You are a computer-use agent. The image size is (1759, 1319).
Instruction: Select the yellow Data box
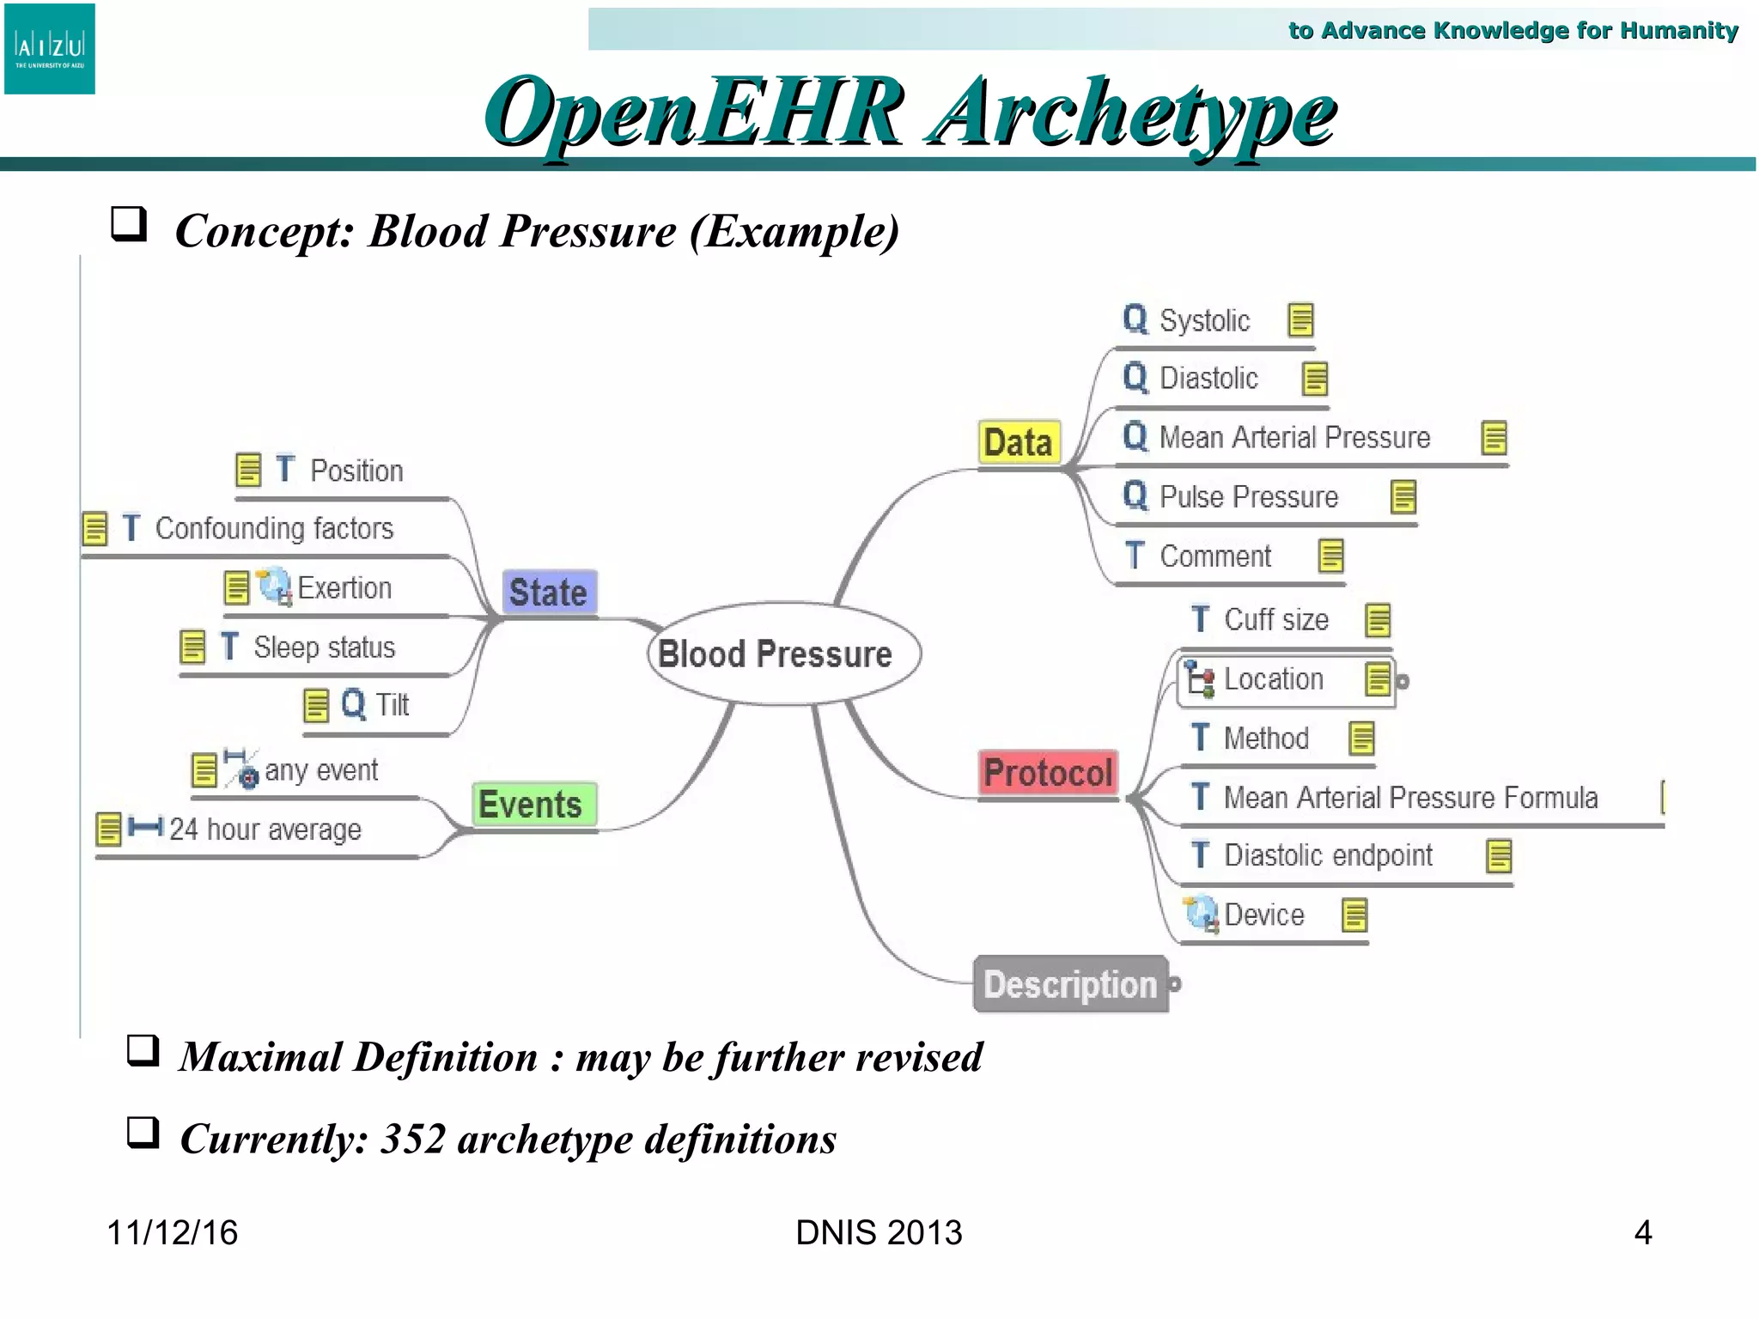coord(1019,443)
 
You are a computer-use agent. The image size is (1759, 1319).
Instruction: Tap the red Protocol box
coord(1048,773)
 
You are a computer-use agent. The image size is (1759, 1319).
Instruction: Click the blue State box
coord(549,593)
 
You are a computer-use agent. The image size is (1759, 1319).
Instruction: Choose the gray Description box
coord(1070,984)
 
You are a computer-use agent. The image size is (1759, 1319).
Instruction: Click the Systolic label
coord(1204,320)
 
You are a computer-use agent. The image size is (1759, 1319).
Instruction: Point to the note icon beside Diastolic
coord(1314,379)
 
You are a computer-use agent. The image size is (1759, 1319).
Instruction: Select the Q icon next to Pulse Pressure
coord(1135,496)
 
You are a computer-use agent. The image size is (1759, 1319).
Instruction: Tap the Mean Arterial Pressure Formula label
coord(1409,798)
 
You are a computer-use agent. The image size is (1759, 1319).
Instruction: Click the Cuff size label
coord(1275,620)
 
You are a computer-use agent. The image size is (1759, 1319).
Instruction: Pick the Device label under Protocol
coord(1263,915)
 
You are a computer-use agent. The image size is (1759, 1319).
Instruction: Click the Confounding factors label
coord(274,528)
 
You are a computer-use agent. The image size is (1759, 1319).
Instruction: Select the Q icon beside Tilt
coord(353,704)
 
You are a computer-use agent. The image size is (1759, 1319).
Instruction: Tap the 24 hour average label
coord(265,830)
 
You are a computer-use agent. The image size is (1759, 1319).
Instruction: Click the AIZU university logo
coord(50,49)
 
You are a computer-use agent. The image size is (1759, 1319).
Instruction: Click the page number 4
coord(1642,1232)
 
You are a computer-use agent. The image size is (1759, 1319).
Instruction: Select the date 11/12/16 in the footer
coord(172,1232)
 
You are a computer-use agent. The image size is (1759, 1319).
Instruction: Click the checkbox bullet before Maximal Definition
coord(143,1050)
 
